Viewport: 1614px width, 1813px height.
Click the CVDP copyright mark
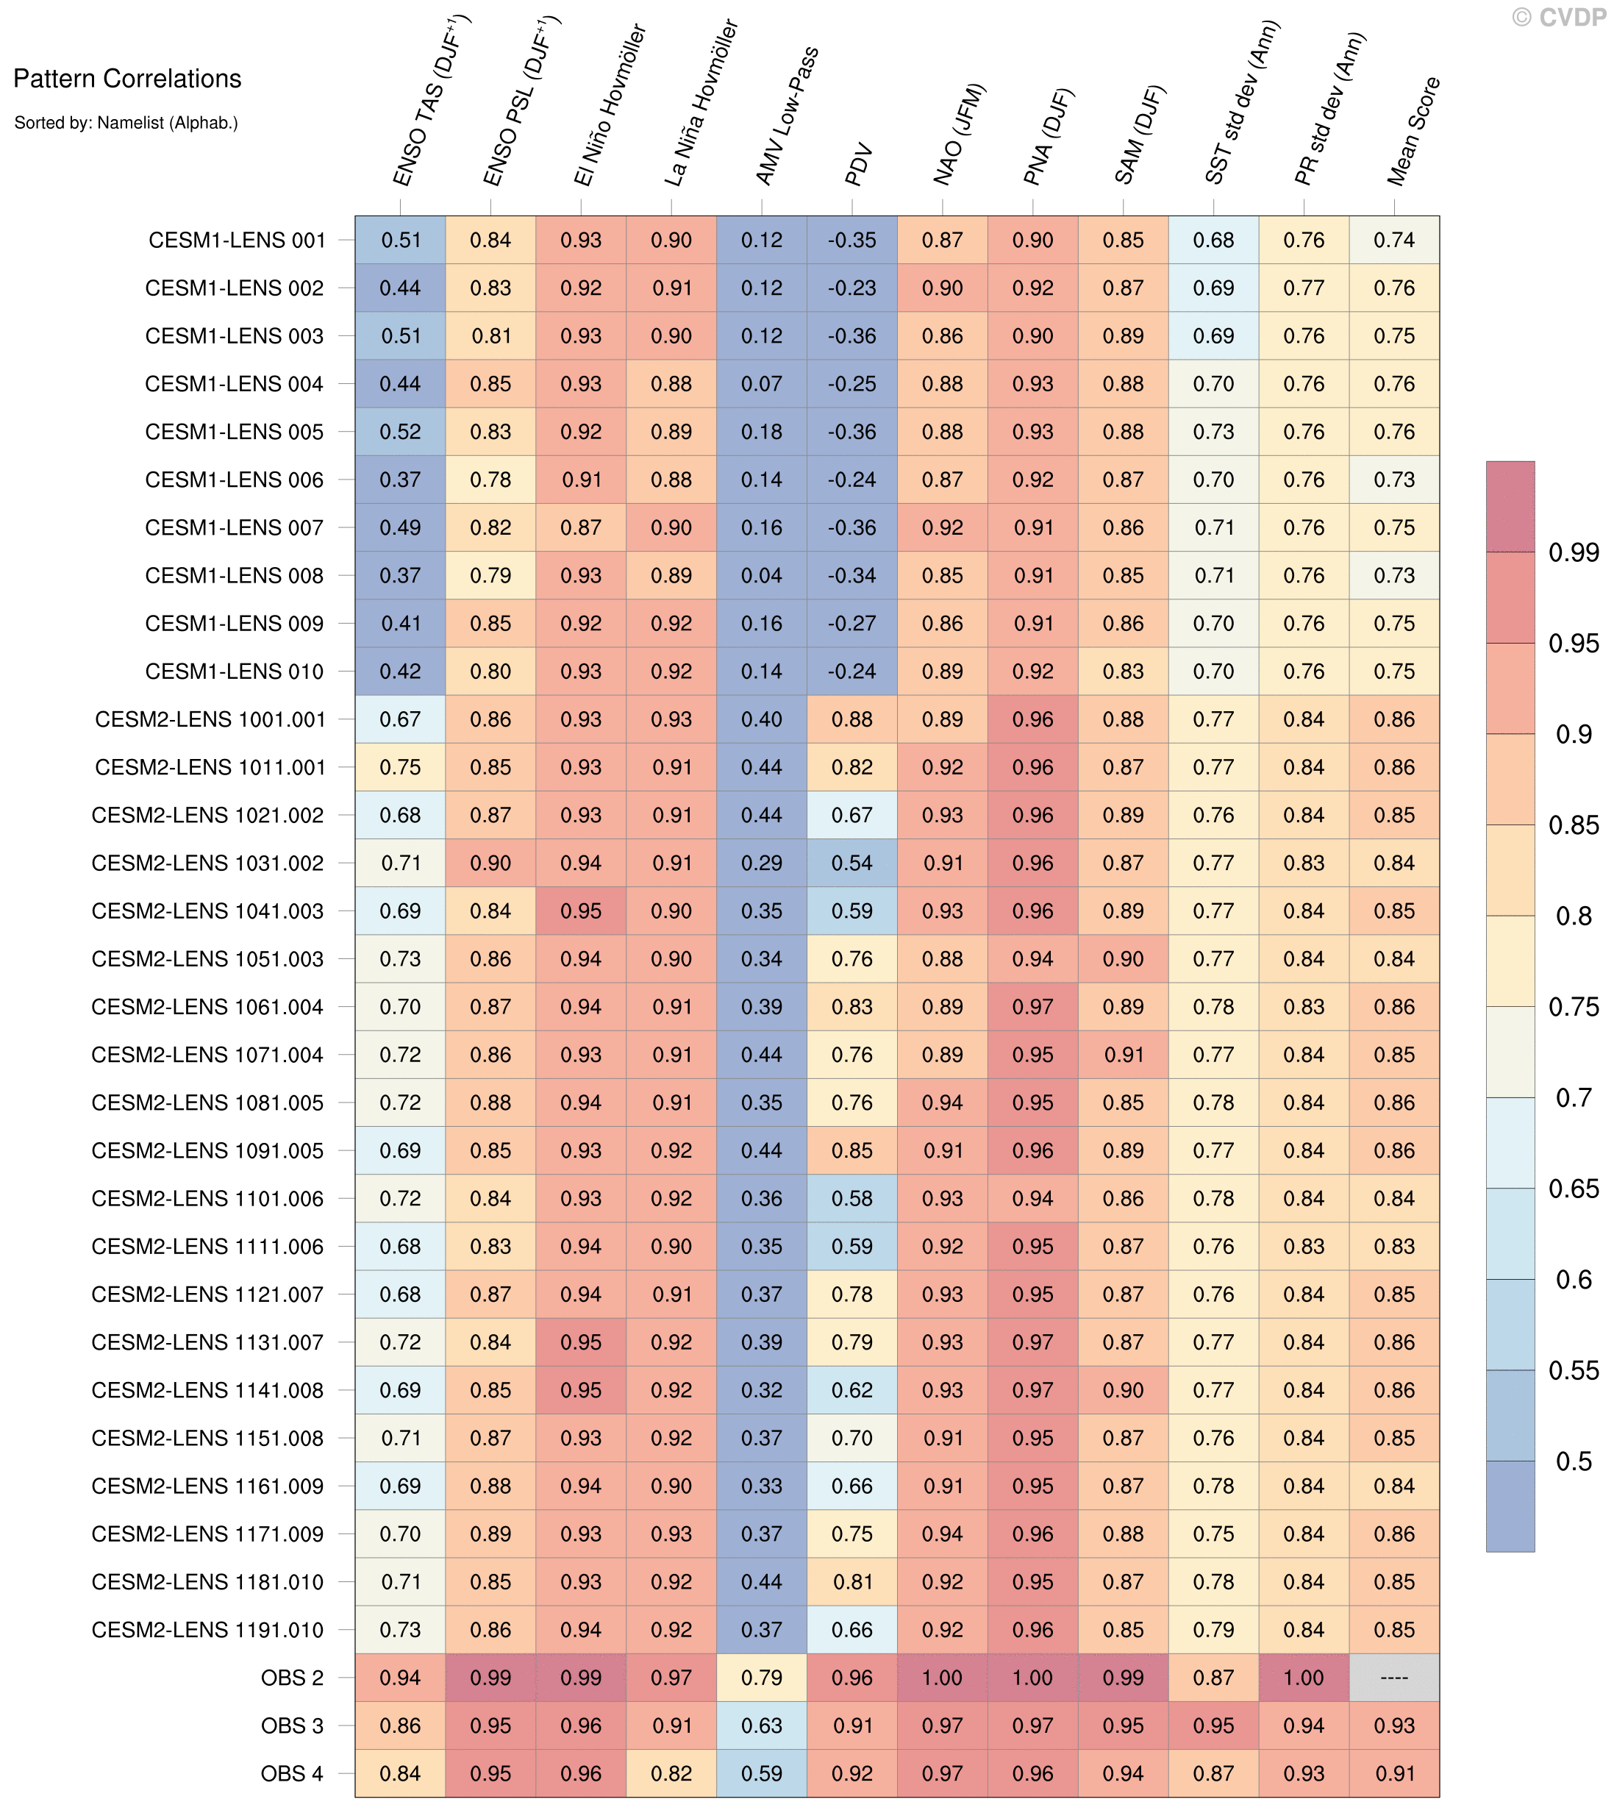[x=1559, y=17]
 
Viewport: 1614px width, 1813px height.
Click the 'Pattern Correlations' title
[x=126, y=79]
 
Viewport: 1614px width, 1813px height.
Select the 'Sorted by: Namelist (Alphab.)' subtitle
[x=126, y=122]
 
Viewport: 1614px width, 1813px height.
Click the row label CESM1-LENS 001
[x=237, y=241]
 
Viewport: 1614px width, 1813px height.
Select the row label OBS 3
[x=292, y=1725]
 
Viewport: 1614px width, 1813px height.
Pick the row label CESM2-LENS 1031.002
[x=207, y=863]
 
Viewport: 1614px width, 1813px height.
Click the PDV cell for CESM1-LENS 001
[x=852, y=241]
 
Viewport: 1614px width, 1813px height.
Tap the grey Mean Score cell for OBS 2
[x=1394, y=1677]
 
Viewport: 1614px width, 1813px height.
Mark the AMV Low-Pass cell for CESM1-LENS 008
[x=762, y=576]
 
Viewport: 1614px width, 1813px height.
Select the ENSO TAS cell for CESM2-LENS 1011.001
[x=400, y=767]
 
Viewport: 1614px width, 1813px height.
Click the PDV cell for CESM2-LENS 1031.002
[x=852, y=863]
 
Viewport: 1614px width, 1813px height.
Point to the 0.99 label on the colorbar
[x=1574, y=552]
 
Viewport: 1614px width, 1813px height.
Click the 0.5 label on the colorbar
[x=1574, y=1461]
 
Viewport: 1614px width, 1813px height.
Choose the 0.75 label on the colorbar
[x=1574, y=1007]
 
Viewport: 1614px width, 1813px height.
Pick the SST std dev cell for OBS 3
[x=1213, y=1725]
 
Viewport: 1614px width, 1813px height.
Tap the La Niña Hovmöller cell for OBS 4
[x=671, y=1773]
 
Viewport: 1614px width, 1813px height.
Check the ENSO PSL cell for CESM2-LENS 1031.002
[x=490, y=863]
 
